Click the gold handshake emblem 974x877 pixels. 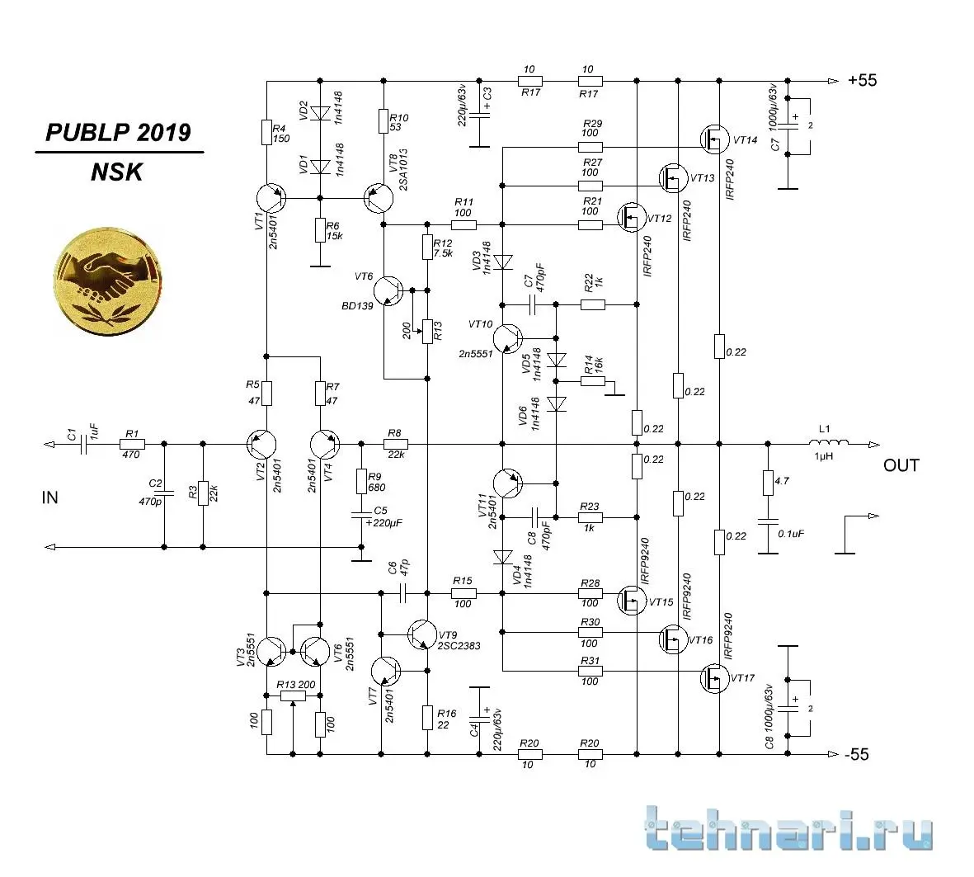108,276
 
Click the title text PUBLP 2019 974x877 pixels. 118,133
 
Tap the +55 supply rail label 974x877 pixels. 862,81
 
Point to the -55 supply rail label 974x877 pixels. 856,754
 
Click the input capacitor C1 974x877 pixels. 82,444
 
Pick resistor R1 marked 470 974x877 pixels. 131,444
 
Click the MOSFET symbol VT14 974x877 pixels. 714,139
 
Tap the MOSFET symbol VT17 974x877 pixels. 714,679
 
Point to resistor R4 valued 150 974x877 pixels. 266,132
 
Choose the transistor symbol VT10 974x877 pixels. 507,337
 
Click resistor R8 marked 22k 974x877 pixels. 395,444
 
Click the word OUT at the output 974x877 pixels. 901,465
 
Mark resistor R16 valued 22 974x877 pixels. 427,717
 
